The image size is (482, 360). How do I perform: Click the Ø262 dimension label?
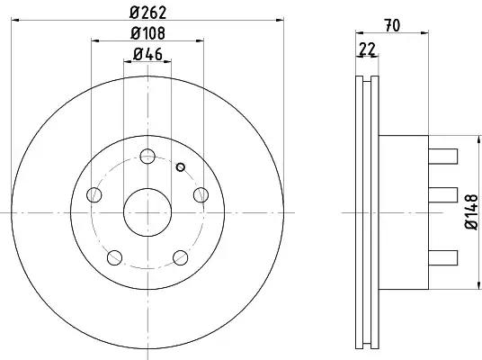(147, 13)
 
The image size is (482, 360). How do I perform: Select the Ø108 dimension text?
(147, 33)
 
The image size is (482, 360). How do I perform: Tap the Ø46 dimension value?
(147, 55)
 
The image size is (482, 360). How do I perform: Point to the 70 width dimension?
(393, 25)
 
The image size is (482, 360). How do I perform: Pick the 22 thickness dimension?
(367, 49)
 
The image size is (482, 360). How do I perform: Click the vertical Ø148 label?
(472, 212)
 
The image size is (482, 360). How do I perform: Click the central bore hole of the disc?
(147, 212)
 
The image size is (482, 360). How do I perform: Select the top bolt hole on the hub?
(147, 157)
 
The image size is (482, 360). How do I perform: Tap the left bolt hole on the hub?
(94, 194)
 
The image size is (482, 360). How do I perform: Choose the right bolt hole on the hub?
(201, 194)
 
